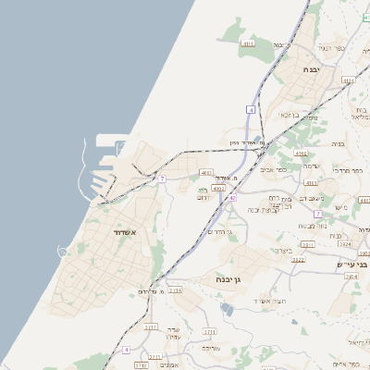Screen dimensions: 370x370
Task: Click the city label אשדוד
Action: (125, 231)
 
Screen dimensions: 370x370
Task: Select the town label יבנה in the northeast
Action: (310, 69)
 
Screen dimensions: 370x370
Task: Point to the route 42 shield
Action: (232, 198)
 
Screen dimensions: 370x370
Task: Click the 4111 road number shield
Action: (248, 43)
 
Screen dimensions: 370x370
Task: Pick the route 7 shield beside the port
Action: (162, 178)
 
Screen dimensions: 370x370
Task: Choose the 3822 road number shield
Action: (298, 260)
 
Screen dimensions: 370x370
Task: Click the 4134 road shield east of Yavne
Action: (348, 81)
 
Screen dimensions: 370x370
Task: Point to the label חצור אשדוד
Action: (269, 302)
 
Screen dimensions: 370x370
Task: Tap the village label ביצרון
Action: (282, 250)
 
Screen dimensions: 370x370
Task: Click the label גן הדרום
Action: (219, 232)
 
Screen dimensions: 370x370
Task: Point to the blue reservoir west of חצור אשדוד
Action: (226, 309)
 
